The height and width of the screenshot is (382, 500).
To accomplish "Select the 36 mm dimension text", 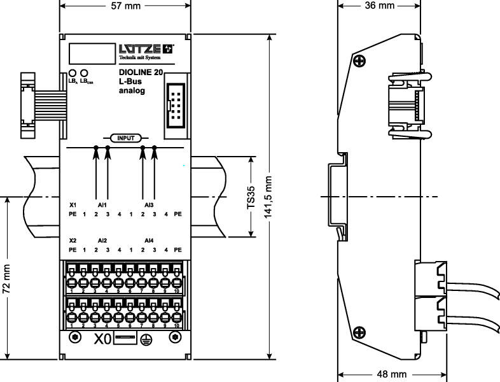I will point(380,6).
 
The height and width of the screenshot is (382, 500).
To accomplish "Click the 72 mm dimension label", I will point(8,279).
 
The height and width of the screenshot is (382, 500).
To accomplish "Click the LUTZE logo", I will point(146,48).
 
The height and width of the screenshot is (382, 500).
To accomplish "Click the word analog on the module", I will point(132,91).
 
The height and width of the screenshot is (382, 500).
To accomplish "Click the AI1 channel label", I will point(102,205).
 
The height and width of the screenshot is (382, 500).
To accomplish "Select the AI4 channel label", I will point(149,240).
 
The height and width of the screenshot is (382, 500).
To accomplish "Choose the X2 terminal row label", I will point(73,240).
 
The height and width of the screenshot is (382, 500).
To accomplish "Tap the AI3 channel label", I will point(149,205).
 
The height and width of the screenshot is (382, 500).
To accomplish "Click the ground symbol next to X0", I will point(148,338).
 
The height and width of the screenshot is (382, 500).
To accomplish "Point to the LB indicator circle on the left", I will point(72,73).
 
